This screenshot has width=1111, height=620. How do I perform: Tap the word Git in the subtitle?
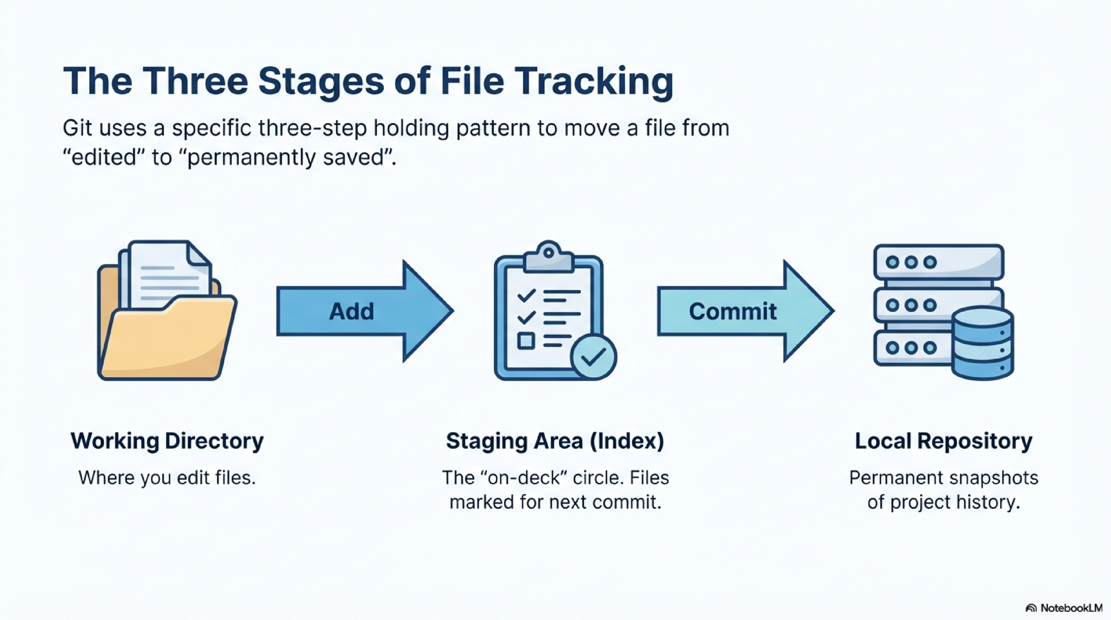tap(77, 128)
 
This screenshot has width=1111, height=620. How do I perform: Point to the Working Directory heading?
tap(167, 441)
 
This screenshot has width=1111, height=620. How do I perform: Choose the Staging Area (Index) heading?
tap(555, 441)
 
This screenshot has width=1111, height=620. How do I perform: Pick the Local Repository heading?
tap(943, 441)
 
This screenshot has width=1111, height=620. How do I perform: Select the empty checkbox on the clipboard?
tap(526, 341)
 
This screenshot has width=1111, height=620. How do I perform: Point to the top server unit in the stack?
tap(938, 262)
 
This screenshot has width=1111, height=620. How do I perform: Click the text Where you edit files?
tap(167, 478)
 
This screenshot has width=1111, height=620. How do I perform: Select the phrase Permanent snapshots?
tap(943, 478)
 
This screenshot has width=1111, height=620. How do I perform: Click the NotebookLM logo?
tap(1064, 608)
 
